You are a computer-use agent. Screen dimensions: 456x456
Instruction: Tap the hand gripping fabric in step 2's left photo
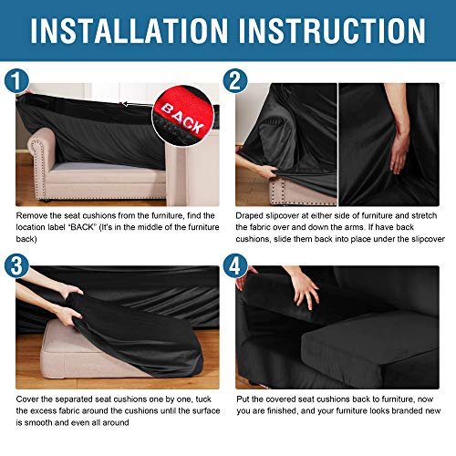click(263, 171)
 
